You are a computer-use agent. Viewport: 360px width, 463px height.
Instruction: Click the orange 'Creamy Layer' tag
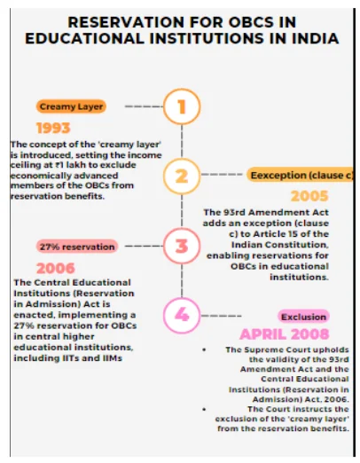point(71,106)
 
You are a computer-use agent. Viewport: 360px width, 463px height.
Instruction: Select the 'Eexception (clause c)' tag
point(300,175)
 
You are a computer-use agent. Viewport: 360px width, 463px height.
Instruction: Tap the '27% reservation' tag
point(77,247)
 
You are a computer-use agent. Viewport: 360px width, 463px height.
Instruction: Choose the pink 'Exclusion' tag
point(303,317)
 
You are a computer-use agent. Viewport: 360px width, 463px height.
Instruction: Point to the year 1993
point(53,129)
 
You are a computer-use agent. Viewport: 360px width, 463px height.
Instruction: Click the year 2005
point(309,196)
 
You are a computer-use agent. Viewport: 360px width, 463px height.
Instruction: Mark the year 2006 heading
point(56,269)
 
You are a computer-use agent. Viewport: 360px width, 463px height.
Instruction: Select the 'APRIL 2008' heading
point(285,334)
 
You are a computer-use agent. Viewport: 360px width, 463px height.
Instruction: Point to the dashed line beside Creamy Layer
point(144,106)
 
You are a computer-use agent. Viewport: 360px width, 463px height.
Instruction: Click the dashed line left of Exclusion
point(221,316)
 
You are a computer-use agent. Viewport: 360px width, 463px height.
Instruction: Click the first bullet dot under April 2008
point(204,349)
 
